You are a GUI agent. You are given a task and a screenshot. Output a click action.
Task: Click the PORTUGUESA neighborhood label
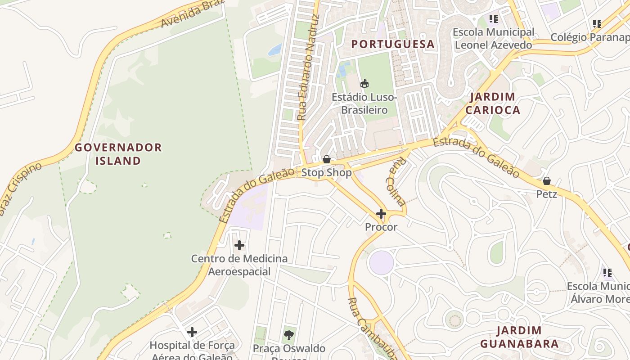[393, 44]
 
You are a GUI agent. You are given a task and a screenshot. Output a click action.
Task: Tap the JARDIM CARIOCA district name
[493, 103]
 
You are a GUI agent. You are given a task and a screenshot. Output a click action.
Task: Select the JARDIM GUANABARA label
[519, 337]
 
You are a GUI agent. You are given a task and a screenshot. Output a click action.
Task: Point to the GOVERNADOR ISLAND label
[118, 154]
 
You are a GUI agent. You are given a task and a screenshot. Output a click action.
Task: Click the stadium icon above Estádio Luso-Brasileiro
[364, 83]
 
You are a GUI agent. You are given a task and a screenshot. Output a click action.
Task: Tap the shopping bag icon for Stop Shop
[327, 159]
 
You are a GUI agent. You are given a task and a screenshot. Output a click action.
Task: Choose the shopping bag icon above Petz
[546, 181]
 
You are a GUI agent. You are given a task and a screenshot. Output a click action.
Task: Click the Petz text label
[546, 194]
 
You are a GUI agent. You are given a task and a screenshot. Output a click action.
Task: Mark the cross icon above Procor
[381, 213]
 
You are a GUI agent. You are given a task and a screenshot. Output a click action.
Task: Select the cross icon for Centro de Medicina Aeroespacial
[239, 245]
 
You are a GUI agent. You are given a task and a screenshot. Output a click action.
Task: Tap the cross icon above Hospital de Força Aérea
[192, 332]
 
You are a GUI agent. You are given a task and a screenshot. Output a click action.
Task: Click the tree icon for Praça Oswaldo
[288, 335]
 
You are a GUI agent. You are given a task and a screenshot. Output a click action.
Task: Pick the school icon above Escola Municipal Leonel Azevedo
[494, 19]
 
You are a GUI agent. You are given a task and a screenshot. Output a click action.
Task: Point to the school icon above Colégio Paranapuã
[597, 23]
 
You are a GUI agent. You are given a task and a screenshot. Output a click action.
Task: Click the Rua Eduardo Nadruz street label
[308, 67]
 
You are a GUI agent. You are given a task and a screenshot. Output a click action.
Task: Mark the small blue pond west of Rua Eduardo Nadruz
[275, 49]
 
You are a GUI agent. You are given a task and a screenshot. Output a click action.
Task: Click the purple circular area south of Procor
[381, 262]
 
